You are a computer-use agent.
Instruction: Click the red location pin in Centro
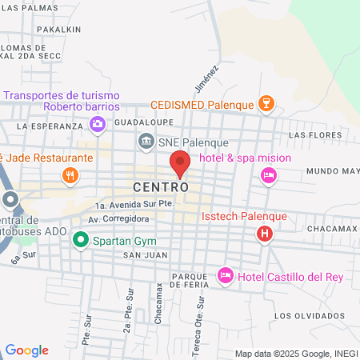pyautogui.click(x=180, y=163)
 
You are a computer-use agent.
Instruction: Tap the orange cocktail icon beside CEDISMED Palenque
pyautogui.click(x=266, y=103)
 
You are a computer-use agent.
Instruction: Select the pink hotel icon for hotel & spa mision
pyautogui.click(x=269, y=174)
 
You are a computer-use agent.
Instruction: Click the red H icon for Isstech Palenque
pyautogui.click(x=264, y=234)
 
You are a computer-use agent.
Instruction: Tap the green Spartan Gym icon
pyautogui.click(x=80, y=239)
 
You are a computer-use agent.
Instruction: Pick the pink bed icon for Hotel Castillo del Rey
pyautogui.click(x=226, y=275)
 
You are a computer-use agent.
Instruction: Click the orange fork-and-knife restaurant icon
pyautogui.click(x=70, y=175)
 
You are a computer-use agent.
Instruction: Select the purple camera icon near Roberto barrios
pyautogui.click(x=98, y=123)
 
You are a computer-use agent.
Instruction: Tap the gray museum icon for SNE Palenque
pyautogui.click(x=146, y=142)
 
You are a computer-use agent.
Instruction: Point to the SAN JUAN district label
pyautogui.click(x=138, y=255)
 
